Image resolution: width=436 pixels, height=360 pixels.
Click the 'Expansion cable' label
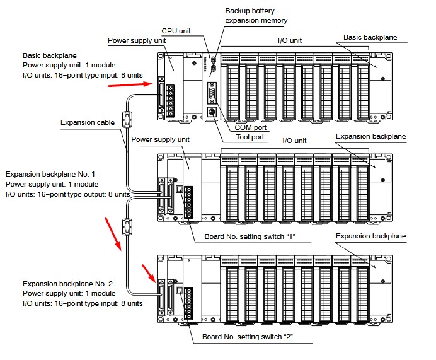pos(87,122)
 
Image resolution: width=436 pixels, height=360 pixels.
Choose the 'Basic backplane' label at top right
pos(370,37)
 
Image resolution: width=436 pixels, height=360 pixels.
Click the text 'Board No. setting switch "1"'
pos(250,237)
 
